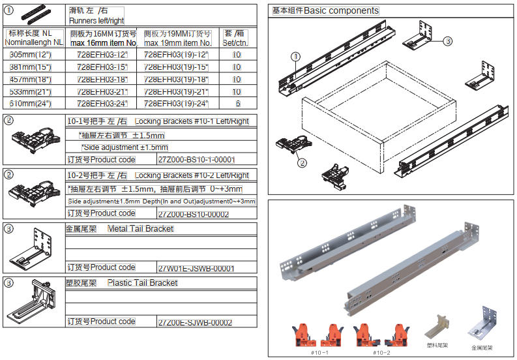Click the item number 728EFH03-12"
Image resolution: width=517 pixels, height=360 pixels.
pos(102,55)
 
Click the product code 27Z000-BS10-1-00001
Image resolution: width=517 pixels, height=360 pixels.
pos(196,160)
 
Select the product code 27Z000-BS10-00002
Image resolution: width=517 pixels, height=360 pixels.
pos(194,214)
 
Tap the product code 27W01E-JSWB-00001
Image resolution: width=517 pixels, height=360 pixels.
pos(196,268)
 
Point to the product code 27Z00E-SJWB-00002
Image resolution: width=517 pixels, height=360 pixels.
pos(195,322)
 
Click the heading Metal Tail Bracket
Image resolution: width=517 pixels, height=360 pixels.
pos(140,229)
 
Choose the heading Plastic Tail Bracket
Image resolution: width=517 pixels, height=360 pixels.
pos(142,283)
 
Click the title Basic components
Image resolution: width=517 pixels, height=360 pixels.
pos(325,11)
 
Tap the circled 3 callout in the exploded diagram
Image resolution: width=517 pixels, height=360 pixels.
pos(448,40)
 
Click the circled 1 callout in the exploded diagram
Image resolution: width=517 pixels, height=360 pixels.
pos(295,57)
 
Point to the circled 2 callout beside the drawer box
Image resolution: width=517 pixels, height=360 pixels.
pos(303,164)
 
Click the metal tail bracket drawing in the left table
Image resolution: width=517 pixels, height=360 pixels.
pos(33,250)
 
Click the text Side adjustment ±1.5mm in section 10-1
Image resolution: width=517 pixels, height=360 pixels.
pos(124,147)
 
